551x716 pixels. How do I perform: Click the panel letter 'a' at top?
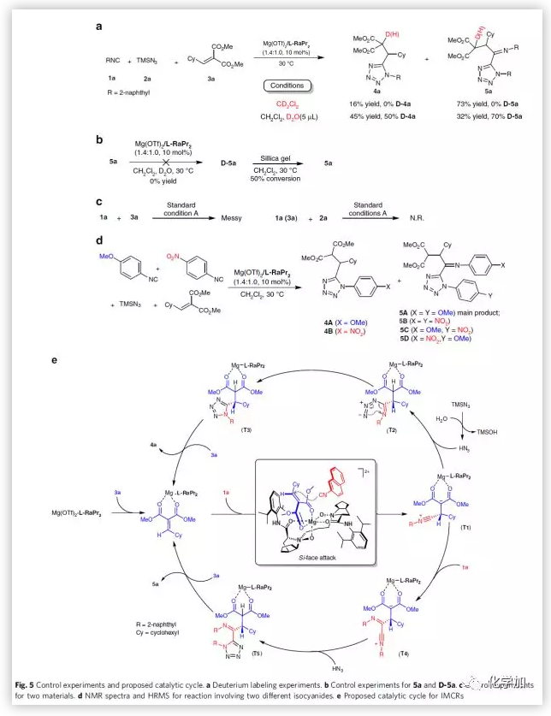tap(99, 27)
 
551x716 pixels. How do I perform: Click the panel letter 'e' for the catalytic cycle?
tap(56, 359)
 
